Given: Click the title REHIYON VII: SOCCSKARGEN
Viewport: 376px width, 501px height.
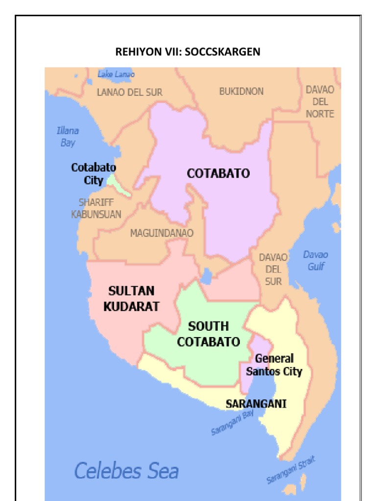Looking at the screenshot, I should point(188,51).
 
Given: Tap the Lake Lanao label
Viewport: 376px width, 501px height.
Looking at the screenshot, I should point(116,74).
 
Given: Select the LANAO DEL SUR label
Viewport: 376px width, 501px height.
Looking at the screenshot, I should point(129,92).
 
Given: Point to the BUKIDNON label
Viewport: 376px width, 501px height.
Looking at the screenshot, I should point(241,91).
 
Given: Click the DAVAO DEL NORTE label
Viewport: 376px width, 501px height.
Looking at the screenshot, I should point(320,102).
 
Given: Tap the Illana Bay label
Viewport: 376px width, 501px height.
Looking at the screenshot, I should point(68,137).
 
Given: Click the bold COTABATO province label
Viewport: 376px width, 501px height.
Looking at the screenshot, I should point(218,173).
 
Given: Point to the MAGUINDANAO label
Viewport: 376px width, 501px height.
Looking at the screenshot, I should point(162,233).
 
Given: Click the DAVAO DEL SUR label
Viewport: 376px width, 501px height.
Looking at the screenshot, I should point(273,269).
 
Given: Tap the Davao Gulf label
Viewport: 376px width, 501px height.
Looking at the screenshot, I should point(316,260).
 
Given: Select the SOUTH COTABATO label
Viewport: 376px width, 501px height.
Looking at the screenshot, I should point(209,334).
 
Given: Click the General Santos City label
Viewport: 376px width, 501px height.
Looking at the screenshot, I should point(274,364).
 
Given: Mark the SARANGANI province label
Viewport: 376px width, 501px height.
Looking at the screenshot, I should point(256,404).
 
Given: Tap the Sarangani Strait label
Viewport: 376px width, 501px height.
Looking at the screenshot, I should point(291,470).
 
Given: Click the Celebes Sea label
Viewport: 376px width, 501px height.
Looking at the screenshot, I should point(126,471).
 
